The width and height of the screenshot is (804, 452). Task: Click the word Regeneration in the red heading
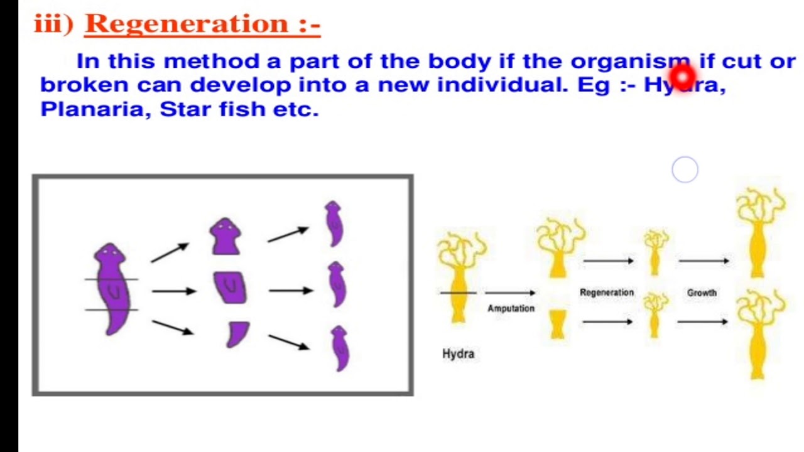[187, 24]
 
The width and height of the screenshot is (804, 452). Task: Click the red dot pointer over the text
[682, 77]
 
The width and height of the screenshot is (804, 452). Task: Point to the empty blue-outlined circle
[685, 169]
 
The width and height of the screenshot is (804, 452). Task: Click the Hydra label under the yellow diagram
[458, 353]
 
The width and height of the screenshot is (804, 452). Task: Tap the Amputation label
[511, 308]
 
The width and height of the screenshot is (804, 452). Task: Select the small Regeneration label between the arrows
[607, 293]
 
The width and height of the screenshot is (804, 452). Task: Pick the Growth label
[702, 293]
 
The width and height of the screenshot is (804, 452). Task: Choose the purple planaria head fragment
[225, 236]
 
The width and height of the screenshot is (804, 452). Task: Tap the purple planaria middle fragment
[230, 288]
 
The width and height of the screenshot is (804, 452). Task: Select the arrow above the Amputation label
[509, 293]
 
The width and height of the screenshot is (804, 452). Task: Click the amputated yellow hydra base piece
[557, 325]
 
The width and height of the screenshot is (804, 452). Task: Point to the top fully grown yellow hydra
[759, 232]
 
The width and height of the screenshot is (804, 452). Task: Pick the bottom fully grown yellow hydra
[759, 333]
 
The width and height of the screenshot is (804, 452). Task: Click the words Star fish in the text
[212, 109]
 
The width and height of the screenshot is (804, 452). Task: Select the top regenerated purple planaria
[334, 224]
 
